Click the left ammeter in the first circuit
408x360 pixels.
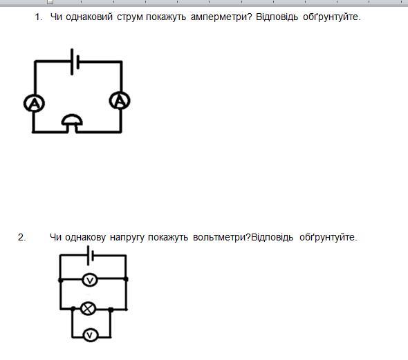point(34,103)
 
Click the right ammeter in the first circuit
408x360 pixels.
point(120,101)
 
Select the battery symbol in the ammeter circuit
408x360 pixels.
point(75,62)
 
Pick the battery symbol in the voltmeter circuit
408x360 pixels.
point(91,256)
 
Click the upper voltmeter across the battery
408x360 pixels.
point(90,280)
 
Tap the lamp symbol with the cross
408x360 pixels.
point(89,309)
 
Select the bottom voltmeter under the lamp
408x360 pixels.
point(91,335)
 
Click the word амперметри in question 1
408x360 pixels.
point(221,17)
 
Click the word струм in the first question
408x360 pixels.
point(130,17)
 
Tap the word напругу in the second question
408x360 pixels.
point(127,238)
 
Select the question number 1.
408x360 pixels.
point(39,17)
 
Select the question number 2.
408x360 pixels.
point(21,237)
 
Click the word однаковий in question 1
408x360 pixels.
point(89,17)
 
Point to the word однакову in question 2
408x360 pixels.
point(85,237)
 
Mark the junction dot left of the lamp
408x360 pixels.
point(73,309)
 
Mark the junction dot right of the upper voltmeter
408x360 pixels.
point(126,279)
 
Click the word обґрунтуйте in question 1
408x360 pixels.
point(332,17)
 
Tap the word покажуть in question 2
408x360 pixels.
point(168,238)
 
